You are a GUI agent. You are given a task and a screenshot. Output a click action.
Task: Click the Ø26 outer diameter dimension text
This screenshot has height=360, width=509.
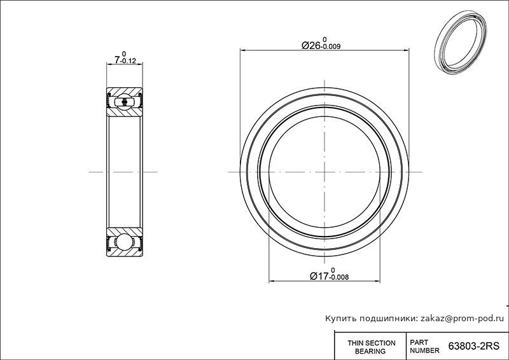pos(312,45)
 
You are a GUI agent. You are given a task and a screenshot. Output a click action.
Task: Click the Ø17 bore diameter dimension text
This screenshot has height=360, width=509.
pos(320,276)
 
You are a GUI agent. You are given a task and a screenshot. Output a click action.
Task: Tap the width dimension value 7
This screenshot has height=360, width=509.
pos(117,60)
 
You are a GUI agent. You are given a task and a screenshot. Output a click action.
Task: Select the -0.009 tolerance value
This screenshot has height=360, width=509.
pos(330,46)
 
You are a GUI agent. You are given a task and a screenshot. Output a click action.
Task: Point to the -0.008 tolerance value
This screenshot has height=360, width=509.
pos(339,277)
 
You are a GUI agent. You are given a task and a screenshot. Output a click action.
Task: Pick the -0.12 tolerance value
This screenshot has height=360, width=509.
pos(128,61)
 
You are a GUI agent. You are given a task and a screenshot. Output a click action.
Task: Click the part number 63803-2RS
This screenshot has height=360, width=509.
pos(473,347)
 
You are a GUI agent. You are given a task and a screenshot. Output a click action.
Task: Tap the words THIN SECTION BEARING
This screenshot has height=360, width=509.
pos(371,347)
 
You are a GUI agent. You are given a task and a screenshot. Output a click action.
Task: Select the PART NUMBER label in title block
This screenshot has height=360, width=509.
pos(424,347)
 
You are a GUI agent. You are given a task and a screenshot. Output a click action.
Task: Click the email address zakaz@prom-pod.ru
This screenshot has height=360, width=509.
pos(462,319)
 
